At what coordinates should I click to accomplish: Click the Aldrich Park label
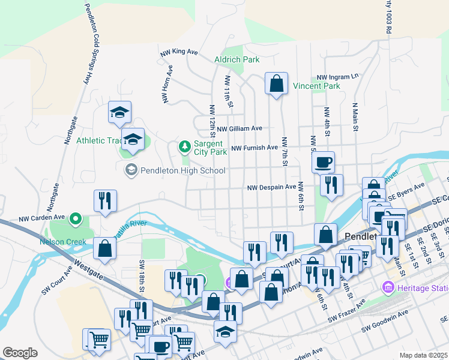(237, 59)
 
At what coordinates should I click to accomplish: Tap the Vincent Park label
(316, 86)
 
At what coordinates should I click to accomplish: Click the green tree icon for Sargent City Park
(185, 146)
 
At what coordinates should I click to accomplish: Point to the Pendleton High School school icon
(130, 170)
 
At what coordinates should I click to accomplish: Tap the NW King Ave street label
(179, 53)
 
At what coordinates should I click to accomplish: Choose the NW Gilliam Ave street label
(240, 128)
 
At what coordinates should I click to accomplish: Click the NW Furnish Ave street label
(255, 148)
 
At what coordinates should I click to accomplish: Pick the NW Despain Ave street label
(272, 188)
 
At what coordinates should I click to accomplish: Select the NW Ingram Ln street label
(337, 77)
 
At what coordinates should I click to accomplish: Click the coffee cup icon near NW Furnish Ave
(324, 162)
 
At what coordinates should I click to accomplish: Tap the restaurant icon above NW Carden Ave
(105, 201)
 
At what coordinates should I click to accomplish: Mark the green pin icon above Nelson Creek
(75, 219)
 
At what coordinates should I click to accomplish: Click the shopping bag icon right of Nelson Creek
(105, 249)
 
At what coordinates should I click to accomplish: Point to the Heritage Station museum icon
(388, 289)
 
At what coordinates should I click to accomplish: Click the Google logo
(20, 353)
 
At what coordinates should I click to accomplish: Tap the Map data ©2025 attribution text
(424, 355)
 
